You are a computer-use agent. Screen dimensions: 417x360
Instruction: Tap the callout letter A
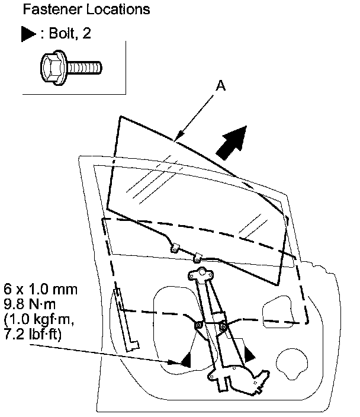click(x=221, y=86)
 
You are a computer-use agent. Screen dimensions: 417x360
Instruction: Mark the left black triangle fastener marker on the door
click(x=186, y=360)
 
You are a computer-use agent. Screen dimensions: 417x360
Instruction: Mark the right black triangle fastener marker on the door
click(x=250, y=354)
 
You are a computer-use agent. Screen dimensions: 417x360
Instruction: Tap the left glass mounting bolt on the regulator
click(x=198, y=325)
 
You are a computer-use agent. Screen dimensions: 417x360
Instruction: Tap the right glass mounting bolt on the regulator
click(x=223, y=326)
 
